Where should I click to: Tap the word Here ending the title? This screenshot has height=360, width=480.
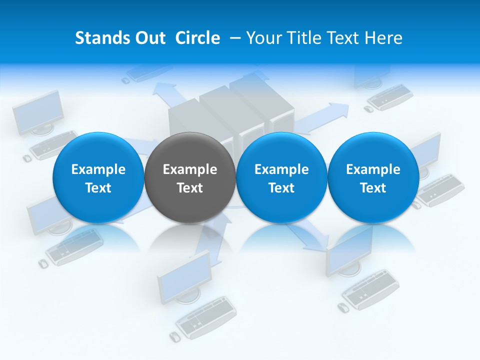(x=384, y=38)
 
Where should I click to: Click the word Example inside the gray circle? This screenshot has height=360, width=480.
(x=190, y=169)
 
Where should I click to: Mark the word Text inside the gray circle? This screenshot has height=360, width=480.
(x=190, y=188)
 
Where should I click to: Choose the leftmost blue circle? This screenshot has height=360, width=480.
(x=98, y=177)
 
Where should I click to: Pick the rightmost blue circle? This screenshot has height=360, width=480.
(x=373, y=177)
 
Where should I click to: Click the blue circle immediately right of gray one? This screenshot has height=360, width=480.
(x=281, y=177)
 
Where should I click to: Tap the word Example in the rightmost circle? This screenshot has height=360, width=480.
(x=373, y=169)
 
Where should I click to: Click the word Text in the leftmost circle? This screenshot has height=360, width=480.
(x=98, y=188)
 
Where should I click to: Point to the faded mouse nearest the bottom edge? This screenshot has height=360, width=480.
(x=174, y=336)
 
